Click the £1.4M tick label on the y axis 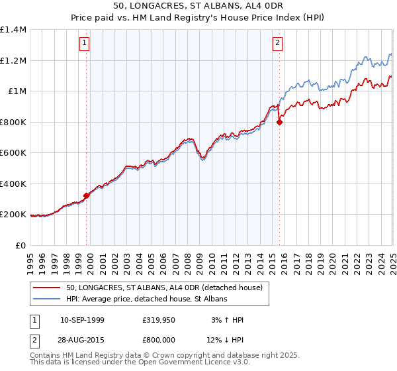pyautogui.click(x=13, y=30)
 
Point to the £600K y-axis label pyautogui.click(x=13, y=153)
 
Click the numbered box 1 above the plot pyautogui.click(x=85, y=44)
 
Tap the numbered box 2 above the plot pyautogui.click(x=277, y=44)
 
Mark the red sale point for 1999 pyautogui.click(x=87, y=195)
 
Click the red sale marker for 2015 pyautogui.click(x=279, y=122)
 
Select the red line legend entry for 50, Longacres pyautogui.click(x=164, y=288)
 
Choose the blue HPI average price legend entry pyautogui.click(x=146, y=299)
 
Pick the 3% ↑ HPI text pyautogui.click(x=226, y=320)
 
